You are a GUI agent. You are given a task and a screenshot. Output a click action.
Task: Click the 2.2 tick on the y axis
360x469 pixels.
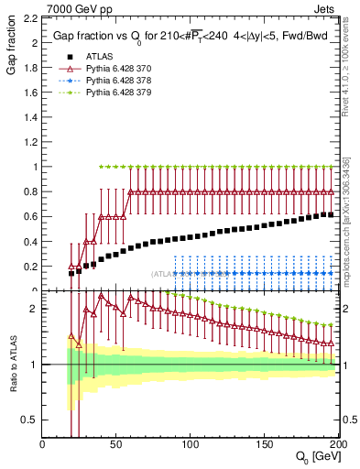30,18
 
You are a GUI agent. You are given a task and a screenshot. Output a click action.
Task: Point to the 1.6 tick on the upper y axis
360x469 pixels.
30,93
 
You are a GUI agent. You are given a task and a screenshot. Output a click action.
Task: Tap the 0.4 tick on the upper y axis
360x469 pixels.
30,242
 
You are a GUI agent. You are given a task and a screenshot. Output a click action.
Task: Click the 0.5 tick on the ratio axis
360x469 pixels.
30,420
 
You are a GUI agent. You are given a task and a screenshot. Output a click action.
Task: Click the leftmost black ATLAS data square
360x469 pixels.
72,273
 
